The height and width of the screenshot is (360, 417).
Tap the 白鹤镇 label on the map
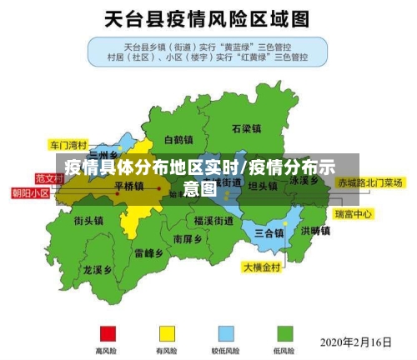coord(178,140)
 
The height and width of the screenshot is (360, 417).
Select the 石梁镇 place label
coord(247,129)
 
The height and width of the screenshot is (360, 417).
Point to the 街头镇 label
coord(88,221)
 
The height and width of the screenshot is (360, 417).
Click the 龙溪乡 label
coord(98,270)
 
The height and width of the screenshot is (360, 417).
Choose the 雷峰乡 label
coord(148,252)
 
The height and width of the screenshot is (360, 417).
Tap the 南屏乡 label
coord(188,238)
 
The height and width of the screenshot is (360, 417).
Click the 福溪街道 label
coord(214,221)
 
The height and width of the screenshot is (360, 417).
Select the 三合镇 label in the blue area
coord(269,232)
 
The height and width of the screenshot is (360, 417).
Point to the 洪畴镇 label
coord(316,230)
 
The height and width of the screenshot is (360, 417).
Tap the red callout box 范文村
coord(48,178)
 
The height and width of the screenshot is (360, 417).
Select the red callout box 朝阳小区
coord(30,193)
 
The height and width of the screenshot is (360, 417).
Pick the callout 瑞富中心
coord(354,214)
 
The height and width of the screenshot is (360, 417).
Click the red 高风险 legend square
coord(107,333)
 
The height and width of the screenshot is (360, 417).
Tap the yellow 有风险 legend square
coord(167,333)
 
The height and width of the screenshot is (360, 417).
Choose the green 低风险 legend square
coord(284,333)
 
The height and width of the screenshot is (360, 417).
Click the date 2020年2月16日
coord(356,342)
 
